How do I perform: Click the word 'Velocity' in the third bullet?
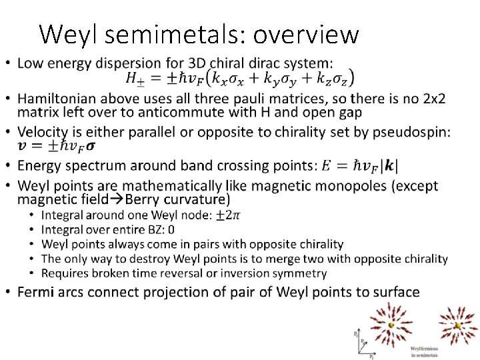pos(44,133)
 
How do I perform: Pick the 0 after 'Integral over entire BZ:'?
pos(171,229)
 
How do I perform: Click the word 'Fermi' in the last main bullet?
pos(37,292)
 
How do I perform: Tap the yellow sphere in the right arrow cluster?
pos(458,325)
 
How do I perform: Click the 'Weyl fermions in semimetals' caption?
pos(424,351)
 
